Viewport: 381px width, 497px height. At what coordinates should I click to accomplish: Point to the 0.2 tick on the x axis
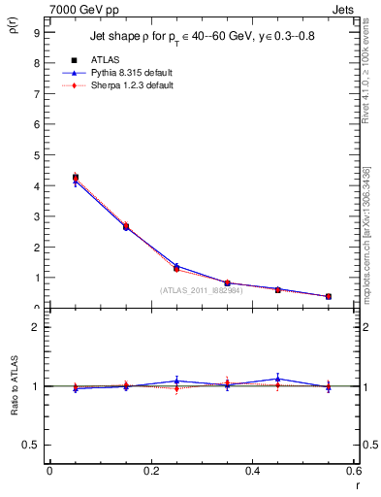point(151,471)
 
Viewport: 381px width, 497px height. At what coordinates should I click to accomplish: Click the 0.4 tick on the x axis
point(253,471)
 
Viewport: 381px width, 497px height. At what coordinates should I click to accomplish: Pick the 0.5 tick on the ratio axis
point(32,445)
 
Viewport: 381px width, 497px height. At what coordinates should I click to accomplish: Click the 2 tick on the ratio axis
point(35,327)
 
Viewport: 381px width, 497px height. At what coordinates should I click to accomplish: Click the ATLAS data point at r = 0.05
point(76,178)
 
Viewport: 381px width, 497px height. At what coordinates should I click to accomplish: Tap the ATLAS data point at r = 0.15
point(126,227)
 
